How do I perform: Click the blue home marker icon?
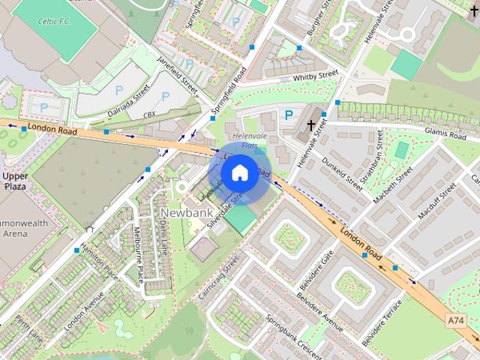(238, 172)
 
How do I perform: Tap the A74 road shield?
(455, 320)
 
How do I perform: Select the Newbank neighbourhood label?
(184, 213)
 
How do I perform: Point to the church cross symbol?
(311, 124)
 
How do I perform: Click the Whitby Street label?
(317, 76)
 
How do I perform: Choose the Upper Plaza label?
(15, 181)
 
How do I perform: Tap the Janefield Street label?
(177, 73)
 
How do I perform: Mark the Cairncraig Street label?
(218, 277)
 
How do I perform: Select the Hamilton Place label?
(101, 261)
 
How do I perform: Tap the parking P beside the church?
(289, 115)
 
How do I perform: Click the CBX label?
(148, 115)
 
